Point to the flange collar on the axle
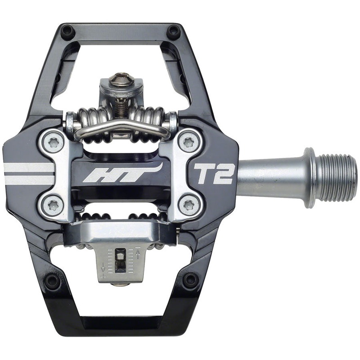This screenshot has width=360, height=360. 310,177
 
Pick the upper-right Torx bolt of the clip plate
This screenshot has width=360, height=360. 188,142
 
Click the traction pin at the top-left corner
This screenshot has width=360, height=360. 67,31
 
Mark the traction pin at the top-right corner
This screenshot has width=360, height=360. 173,31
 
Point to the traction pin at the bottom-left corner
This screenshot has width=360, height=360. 52,281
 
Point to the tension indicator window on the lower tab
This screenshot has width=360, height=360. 120,260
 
